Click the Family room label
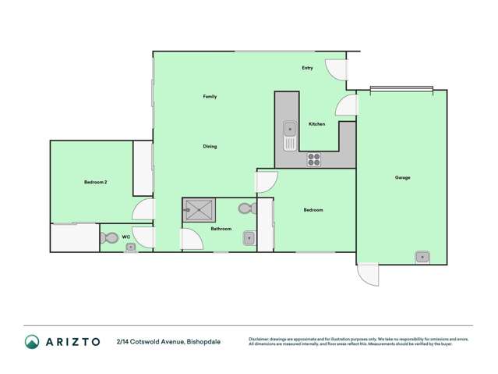(210, 97)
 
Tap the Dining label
(210, 147)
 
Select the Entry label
(308, 68)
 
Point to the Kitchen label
(316, 124)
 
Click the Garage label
(402, 178)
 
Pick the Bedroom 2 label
(95, 182)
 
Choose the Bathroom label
(221, 229)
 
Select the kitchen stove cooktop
(313, 159)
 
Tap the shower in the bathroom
(199, 210)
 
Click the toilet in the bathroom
(246, 209)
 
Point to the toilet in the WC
(107, 238)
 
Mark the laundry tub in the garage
(422, 255)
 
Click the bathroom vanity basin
(249, 238)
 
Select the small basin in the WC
(130, 248)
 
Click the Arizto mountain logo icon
(32, 341)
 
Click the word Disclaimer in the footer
(260, 339)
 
